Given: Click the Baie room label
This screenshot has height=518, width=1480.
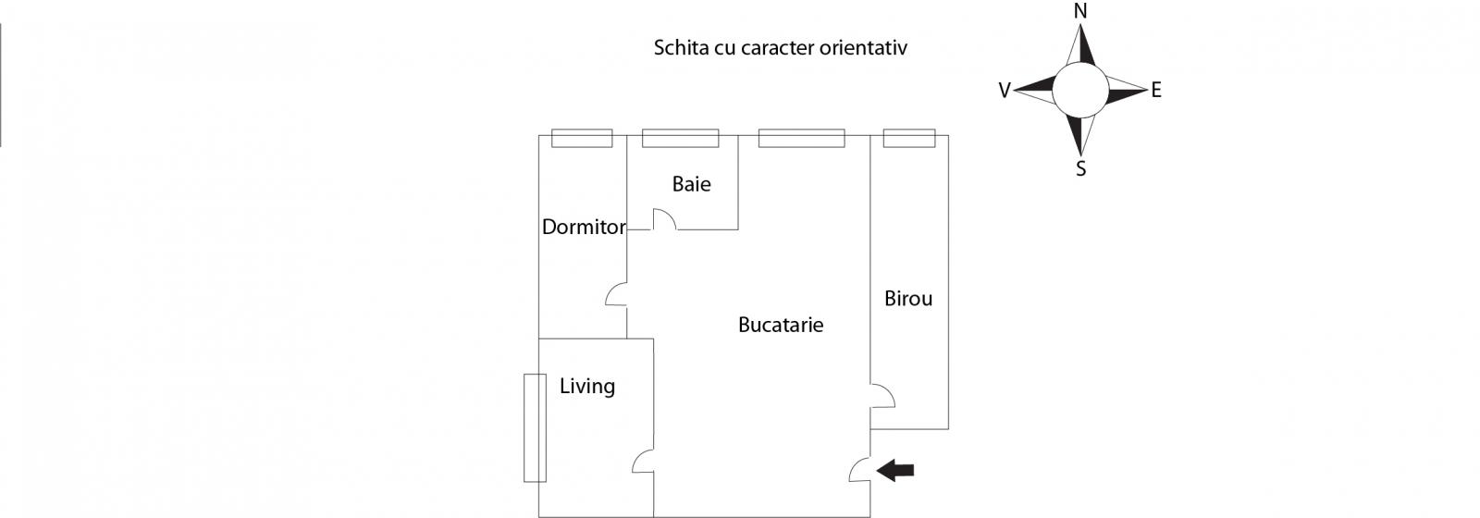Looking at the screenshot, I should pyautogui.click(x=691, y=184).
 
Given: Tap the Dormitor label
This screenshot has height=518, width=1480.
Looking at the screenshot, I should pyautogui.click(x=584, y=227).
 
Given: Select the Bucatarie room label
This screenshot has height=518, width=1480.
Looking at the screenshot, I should pyautogui.click(x=780, y=325).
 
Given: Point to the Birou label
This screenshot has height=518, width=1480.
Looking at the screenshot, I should pyautogui.click(x=907, y=299).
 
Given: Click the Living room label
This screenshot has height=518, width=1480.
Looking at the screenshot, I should pyautogui.click(x=586, y=386).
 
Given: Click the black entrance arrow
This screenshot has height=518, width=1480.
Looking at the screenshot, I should pyautogui.click(x=895, y=471).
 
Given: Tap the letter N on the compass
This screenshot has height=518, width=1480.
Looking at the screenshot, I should pyautogui.click(x=1079, y=11).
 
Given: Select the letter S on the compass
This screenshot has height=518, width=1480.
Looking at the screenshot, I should pyautogui.click(x=1080, y=169).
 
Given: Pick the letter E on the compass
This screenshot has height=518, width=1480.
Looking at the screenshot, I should pyautogui.click(x=1155, y=91).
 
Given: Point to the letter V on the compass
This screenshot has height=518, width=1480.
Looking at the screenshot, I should pyautogui.click(x=1005, y=91).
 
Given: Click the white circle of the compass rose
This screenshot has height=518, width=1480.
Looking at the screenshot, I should pyautogui.click(x=1079, y=90).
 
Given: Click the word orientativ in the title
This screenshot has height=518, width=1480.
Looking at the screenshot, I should pyautogui.click(x=862, y=48).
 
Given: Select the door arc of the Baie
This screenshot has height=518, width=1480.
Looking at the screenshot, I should pyautogui.click(x=665, y=220).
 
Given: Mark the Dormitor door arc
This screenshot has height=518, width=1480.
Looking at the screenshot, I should pyautogui.click(x=616, y=295).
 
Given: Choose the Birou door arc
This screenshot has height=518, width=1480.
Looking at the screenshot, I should pyautogui.click(x=882, y=395).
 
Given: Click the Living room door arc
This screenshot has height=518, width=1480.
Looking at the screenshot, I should pyautogui.click(x=643, y=463).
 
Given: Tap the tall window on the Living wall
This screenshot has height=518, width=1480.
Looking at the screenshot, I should pyautogui.click(x=535, y=427).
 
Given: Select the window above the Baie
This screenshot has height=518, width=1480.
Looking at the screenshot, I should pyautogui.click(x=680, y=138).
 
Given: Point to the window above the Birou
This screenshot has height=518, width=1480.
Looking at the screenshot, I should pyautogui.click(x=908, y=138).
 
